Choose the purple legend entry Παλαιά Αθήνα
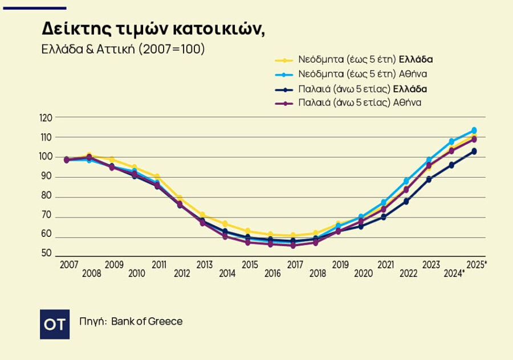click(360, 103)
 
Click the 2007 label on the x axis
click(69, 265)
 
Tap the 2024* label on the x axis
click(454, 273)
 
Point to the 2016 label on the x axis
click(273, 273)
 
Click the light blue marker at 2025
click(474, 130)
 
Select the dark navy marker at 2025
click(474, 152)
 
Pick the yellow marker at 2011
click(157, 177)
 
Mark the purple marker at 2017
click(293, 246)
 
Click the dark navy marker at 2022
click(406, 201)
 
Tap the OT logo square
click(55, 324)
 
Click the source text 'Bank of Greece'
click(147, 321)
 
